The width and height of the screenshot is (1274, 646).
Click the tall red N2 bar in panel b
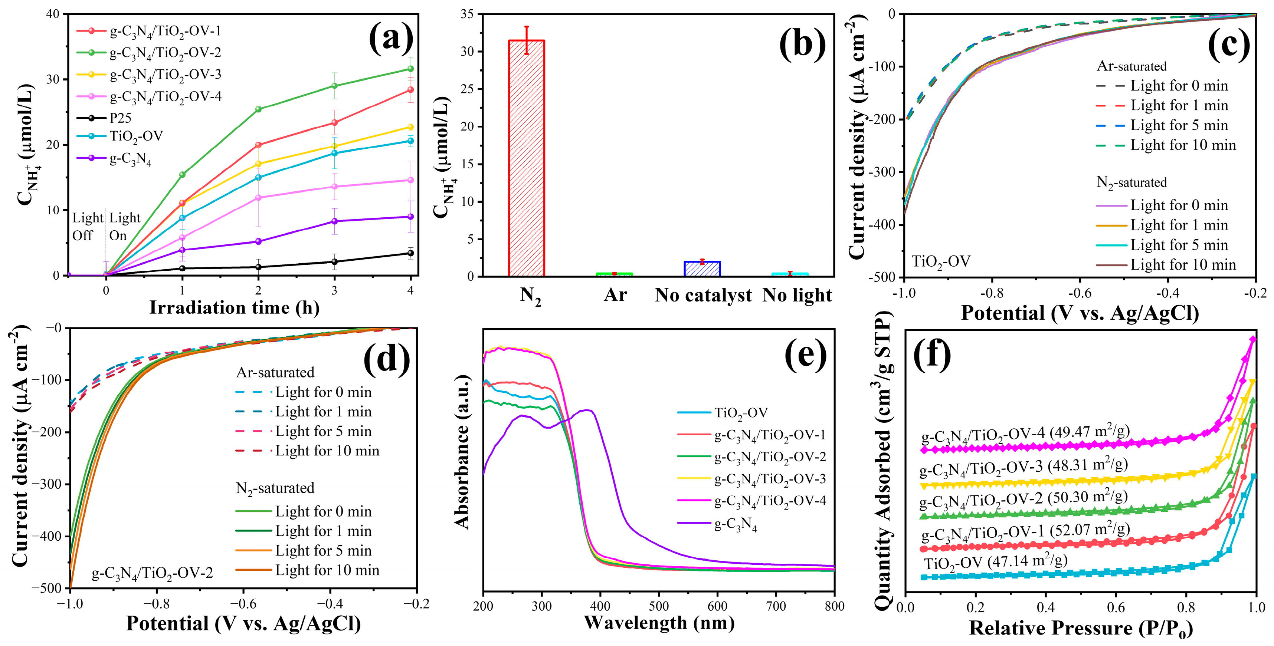click(526, 158)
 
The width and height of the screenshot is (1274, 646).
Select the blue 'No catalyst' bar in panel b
click(702, 269)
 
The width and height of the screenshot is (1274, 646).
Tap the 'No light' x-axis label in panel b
click(797, 296)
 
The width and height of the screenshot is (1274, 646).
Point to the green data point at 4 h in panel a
click(410, 69)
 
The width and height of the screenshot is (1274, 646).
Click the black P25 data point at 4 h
click(410, 253)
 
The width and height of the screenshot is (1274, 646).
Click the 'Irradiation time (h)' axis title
click(235, 308)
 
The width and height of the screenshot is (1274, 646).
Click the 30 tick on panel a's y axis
click(52, 80)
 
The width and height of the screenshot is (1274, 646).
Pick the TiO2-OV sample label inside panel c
click(941, 261)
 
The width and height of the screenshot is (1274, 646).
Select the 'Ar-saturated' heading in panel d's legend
click(275, 372)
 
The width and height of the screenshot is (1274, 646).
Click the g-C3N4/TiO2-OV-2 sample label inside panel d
click(152, 573)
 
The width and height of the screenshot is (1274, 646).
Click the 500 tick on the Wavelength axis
click(659, 606)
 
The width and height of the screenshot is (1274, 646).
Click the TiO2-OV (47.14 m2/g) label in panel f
click(995, 562)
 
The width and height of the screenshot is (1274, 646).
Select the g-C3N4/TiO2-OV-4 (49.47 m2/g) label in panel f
click(1025, 435)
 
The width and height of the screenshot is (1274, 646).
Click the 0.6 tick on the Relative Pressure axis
click(1116, 607)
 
